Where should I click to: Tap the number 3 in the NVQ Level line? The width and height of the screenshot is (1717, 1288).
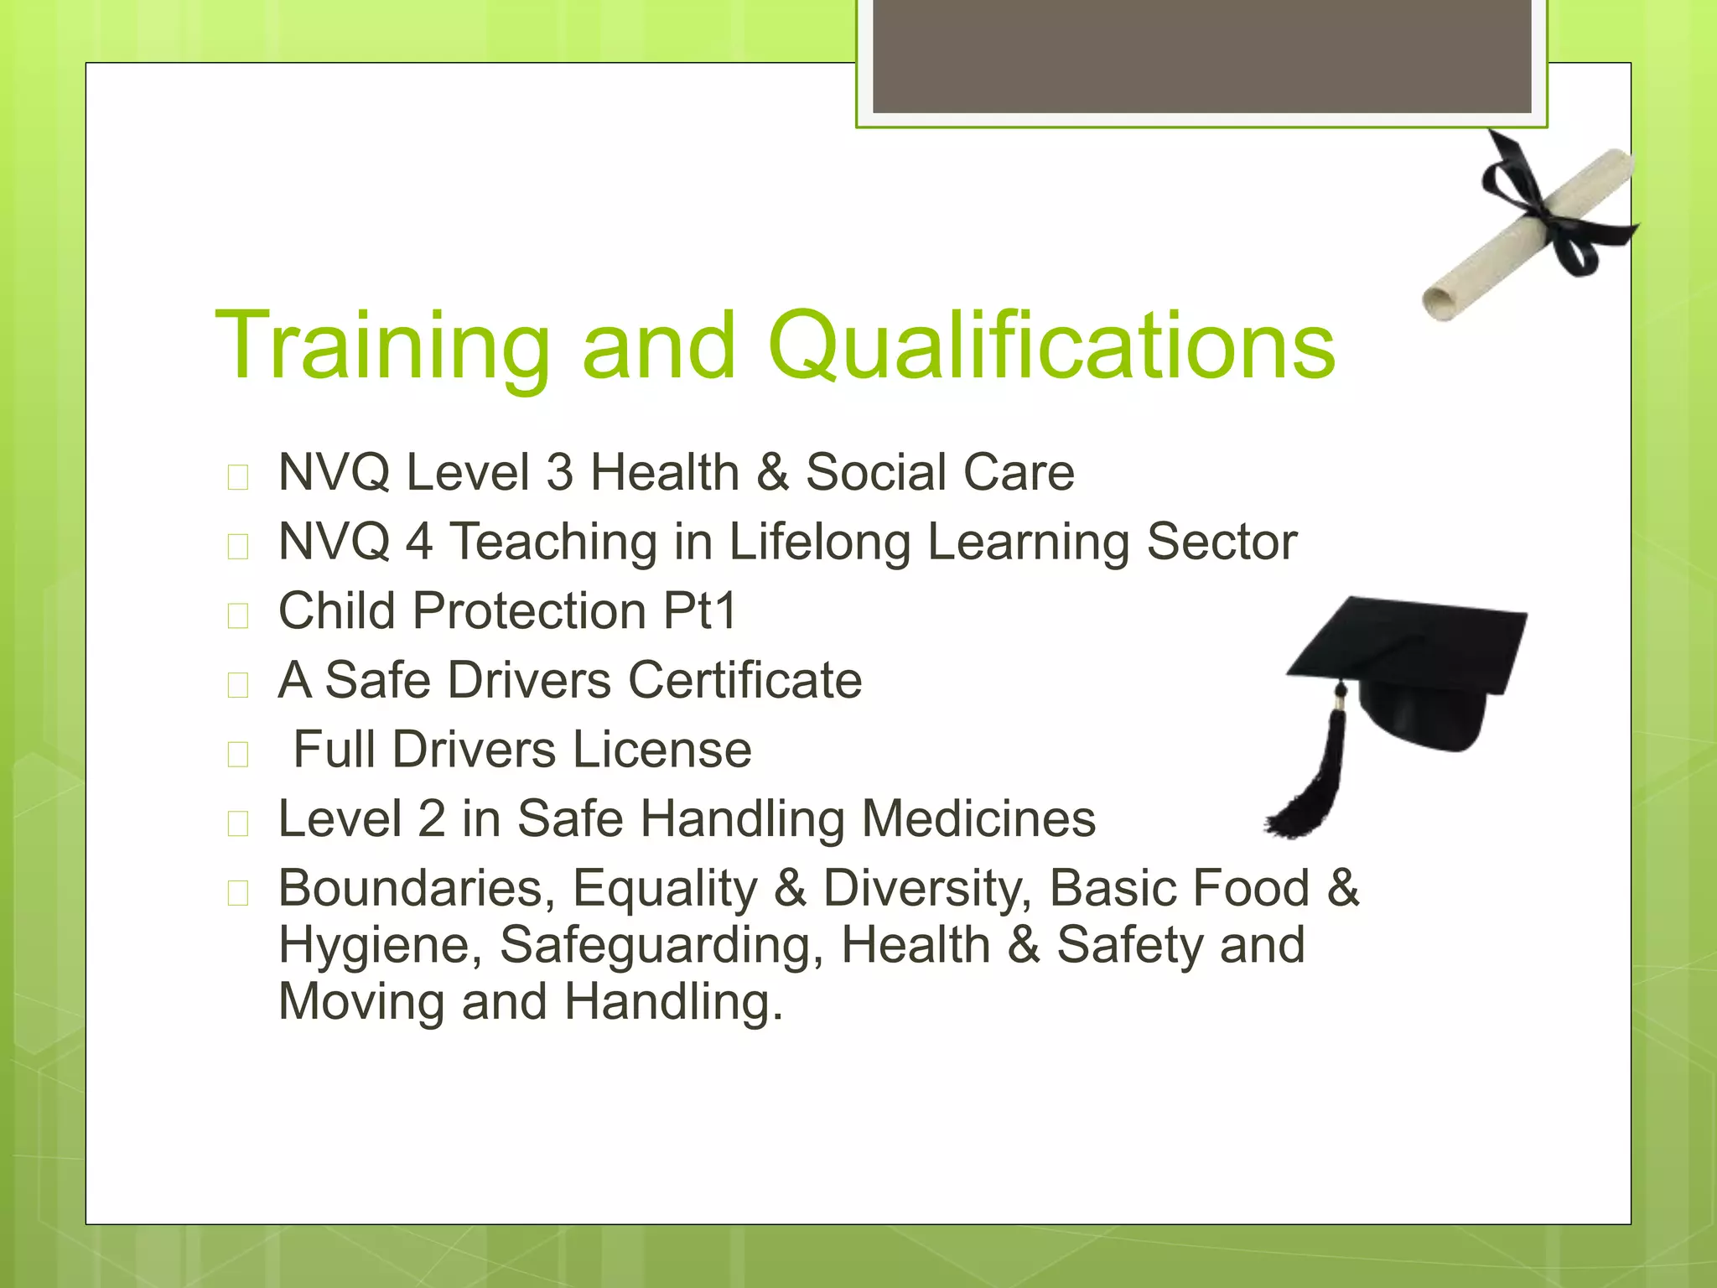coord(559,472)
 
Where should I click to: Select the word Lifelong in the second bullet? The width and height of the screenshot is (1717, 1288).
coord(819,542)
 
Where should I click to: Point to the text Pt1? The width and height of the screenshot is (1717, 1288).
coord(699,610)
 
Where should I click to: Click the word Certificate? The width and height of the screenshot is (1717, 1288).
coord(744,679)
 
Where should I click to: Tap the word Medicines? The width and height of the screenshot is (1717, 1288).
coord(978,818)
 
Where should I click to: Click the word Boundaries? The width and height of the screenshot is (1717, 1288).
coord(417,888)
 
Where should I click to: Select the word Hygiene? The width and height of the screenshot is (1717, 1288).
coord(380,945)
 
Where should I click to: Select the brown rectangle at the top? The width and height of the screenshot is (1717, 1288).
coord(1201,55)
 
